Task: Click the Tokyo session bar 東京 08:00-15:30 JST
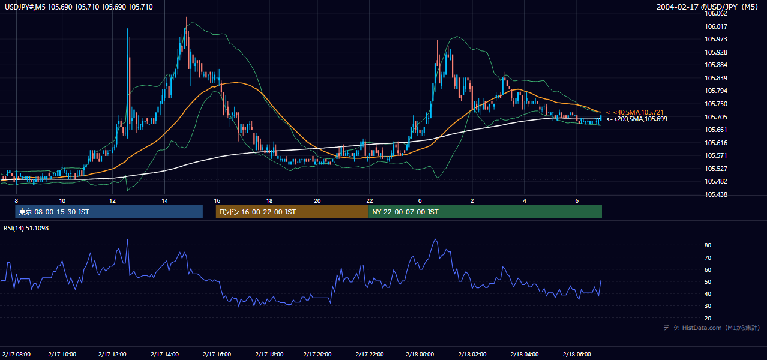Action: (109, 212)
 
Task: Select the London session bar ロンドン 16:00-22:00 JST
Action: (292, 212)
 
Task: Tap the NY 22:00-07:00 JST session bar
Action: (485, 212)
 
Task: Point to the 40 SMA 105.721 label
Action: (634, 112)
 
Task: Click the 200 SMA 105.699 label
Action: (637, 119)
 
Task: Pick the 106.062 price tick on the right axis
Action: (715, 14)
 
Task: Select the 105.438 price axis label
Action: (715, 194)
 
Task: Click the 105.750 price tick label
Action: (715, 104)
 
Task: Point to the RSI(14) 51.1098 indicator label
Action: (26, 228)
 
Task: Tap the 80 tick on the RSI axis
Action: (708, 245)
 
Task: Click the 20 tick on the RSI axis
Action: (708, 318)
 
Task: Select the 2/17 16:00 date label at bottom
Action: (217, 354)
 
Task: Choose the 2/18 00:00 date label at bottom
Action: (420, 354)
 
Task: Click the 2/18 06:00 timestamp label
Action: (577, 354)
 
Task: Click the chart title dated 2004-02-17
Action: (707, 7)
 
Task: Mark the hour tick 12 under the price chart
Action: (112, 201)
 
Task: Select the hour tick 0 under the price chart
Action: (420, 201)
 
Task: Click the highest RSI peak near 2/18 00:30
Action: (435, 239)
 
